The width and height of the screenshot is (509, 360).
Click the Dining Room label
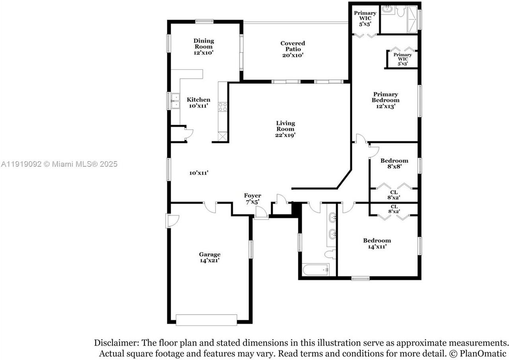[204, 46]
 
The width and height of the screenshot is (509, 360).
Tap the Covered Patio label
[293, 49]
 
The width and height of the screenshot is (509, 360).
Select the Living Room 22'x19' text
[286, 129]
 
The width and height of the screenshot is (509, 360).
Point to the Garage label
[210, 257]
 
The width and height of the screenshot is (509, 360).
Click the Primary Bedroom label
[385, 100]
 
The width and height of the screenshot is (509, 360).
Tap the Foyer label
[253, 198]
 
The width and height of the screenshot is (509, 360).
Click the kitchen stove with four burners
[222, 107]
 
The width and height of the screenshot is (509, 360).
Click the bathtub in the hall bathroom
[315, 270]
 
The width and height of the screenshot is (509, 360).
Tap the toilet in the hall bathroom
[330, 254]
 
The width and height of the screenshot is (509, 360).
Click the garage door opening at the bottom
[206, 320]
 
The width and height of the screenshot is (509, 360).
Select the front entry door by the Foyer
[261, 215]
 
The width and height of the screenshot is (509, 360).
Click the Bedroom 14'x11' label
[377, 243]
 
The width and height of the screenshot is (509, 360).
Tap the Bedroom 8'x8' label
[394, 163]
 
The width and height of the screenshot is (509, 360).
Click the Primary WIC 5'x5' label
[365, 18]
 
